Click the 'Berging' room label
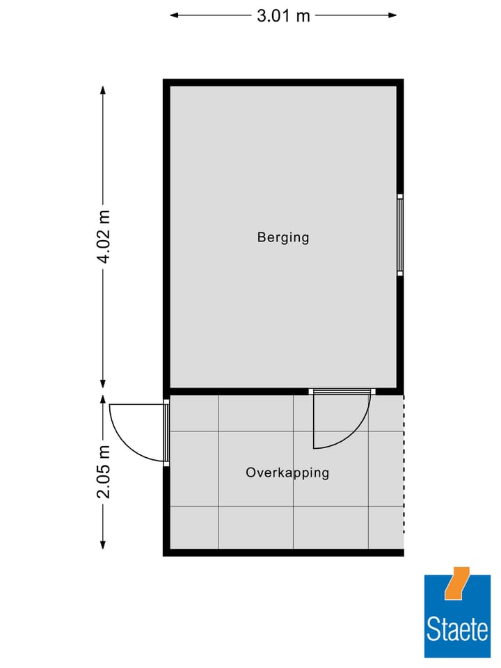pos(283,237)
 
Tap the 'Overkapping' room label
pos(287,473)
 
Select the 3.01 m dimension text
pos(283,15)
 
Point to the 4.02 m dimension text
pos(104,237)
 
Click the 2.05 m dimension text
pos(104,472)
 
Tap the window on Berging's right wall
pos(400,234)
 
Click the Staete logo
pos(457,616)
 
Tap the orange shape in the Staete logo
pos(457,583)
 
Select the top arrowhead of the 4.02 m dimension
pos(103,90)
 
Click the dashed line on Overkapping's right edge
pos(404,473)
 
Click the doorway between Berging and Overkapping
pos(342,392)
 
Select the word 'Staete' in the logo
pos(457,630)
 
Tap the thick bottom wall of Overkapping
pos(283,552)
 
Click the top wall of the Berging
pos(283,82)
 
